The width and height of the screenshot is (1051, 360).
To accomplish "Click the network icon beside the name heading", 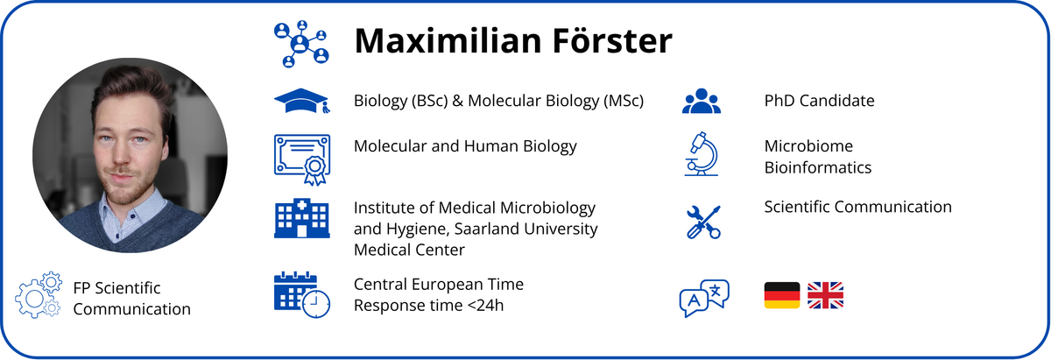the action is click(x=301, y=44).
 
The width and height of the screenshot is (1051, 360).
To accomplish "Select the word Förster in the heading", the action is click(x=612, y=41).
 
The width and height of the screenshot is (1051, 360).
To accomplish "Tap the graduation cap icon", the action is click(x=301, y=101).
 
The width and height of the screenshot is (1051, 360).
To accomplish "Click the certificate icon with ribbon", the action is click(x=302, y=159).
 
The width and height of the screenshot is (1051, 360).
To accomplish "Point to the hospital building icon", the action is click(x=301, y=218).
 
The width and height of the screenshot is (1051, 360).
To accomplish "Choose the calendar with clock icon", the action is click(x=301, y=294).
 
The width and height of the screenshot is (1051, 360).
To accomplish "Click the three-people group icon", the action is click(x=701, y=101).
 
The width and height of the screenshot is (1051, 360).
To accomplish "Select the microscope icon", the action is click(x=701, y=154).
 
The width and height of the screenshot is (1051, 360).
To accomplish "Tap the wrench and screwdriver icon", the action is click(x=703, y=222).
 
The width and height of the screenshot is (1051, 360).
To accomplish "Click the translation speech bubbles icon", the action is click(x=704, y=298).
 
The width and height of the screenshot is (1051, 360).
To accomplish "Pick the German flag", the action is click(x=781, y=295).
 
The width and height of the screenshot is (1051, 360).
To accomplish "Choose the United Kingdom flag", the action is click(x=825, y=295).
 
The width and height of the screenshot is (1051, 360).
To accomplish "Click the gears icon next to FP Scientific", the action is click(x=38, y=295).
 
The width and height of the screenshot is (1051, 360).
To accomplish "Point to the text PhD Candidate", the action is click(x=819, y=101).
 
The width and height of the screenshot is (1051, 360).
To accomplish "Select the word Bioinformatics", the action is click(x=818, y=167).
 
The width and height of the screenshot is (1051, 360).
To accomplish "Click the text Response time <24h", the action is click(x=428, y=305).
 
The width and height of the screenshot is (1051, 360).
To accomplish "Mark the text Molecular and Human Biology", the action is click(x=465, y=146).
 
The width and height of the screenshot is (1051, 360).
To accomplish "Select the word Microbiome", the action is click(x=808, y=146).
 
